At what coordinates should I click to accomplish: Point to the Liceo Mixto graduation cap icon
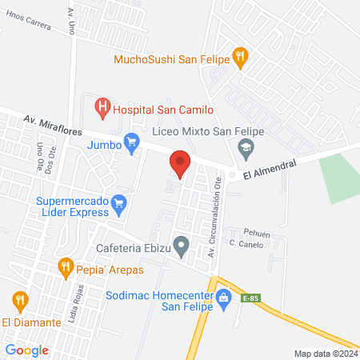(246, 146)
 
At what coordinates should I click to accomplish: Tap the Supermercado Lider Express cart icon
(119, 203)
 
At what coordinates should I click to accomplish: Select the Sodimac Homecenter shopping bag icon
(225, 298)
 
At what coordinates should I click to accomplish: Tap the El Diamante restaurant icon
(21, 301)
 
